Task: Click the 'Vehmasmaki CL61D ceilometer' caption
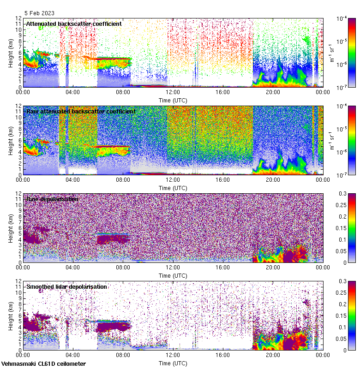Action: [43, 364]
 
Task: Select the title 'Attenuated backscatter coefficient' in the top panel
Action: [74, 24]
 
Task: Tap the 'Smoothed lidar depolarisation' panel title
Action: [66, 286]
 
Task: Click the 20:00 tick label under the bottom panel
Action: [272, 355]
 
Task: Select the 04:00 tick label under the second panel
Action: [73, 179]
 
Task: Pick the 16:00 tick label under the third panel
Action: [222, 267]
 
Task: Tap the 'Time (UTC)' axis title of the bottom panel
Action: [173, 363]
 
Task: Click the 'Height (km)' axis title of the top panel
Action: [11, 53]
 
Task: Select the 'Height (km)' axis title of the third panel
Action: [11, 228]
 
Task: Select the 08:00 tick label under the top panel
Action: [123, 92]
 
